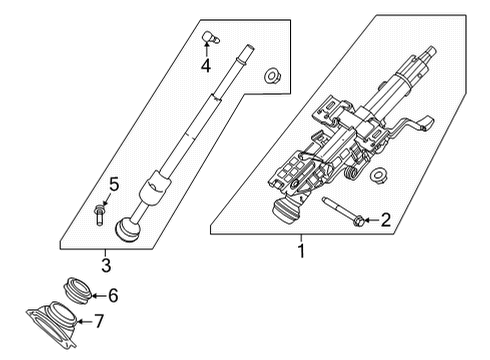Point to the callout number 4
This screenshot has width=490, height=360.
tap(204, 67)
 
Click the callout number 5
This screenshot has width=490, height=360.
tap(113, 183)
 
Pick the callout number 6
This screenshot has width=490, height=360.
tap(112, 295)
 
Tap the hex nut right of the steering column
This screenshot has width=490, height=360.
tap(378, 178)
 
